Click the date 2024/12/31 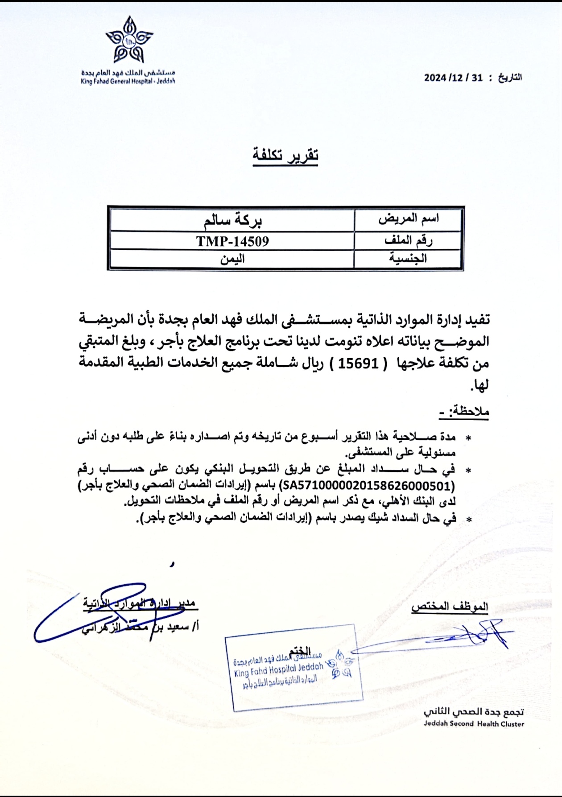pos(453,78)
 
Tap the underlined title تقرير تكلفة pos(285,156)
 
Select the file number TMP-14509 pos(232,241)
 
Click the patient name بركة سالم pos(232,220)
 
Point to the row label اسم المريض pos(408,219)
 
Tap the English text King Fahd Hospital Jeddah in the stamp pos(278,669)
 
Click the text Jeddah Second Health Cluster pos(474,723)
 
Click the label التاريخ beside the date pos(510,78)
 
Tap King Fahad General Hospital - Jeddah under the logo pos(128,81)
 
